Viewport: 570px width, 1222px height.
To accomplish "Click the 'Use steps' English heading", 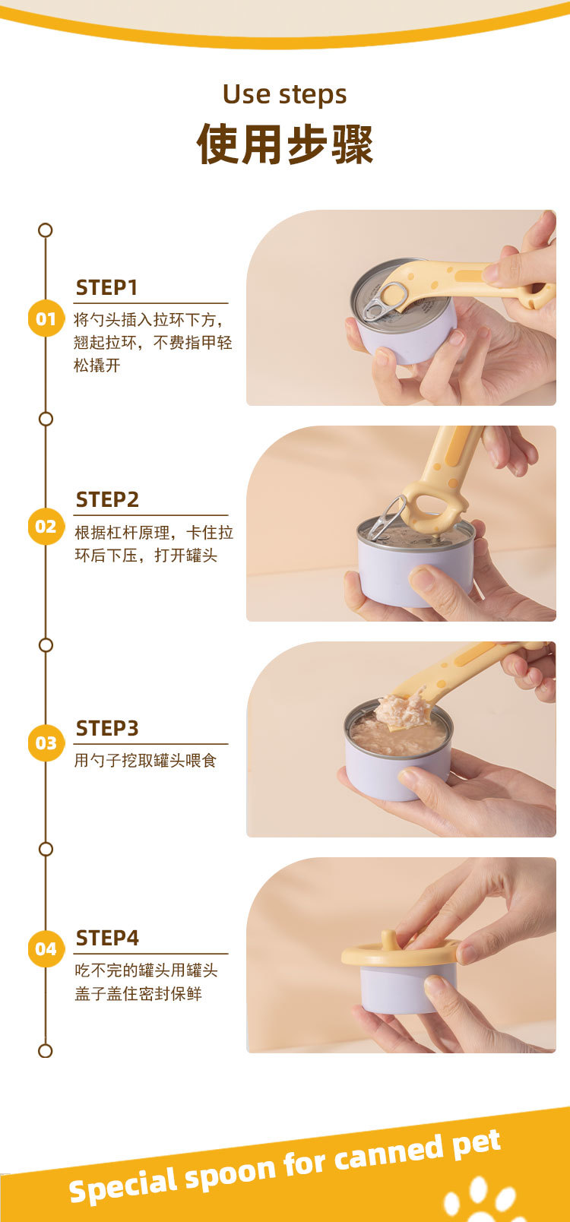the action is click(284, 94).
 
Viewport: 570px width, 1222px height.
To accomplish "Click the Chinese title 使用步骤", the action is click(285, 144).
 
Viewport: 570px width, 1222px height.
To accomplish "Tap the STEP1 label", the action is click(106, 287).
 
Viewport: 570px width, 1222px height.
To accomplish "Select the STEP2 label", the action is click(107, 499).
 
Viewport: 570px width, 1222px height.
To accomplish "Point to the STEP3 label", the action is click(107, 728).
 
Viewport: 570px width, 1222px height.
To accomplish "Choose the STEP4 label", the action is click(107, 938).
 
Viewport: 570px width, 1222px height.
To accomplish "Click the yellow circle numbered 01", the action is click(46, 318).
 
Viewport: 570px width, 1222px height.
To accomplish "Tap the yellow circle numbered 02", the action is click(46, 526).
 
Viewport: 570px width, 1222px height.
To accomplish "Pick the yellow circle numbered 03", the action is click(46, 742).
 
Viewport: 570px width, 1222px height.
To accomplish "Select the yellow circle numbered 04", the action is click(46, 948).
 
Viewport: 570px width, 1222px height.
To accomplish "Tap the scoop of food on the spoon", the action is click(404, 710).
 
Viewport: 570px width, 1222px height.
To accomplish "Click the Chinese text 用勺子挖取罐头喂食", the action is click(145, 760).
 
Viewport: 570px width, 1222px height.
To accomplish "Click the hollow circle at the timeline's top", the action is click(46, 230).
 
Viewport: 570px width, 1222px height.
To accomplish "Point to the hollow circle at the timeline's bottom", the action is click(46, 1050).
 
